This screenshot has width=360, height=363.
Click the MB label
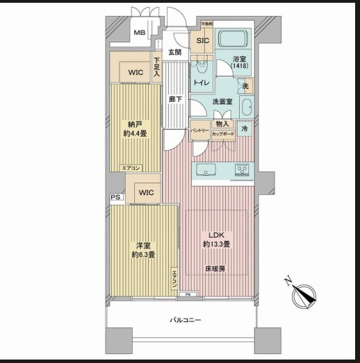140,33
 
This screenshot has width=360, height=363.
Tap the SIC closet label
202,41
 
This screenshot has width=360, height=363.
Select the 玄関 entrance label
174,53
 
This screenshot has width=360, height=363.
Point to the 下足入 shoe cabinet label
157,67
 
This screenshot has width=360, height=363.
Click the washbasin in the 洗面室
247,106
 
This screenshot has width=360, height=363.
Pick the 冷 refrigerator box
245,129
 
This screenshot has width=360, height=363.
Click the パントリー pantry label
201,130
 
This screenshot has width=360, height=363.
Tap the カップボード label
223,133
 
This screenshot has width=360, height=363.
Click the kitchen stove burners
242,168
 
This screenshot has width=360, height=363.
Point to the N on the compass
288,280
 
